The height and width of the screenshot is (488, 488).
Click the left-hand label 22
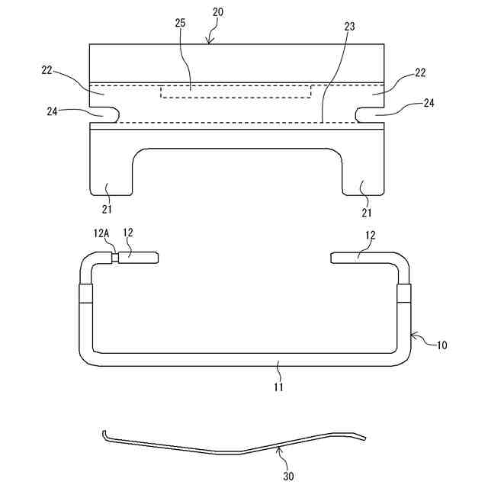click(47, 70)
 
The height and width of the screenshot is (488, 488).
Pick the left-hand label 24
click(52, 111)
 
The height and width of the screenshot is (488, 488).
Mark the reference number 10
click(441, 345)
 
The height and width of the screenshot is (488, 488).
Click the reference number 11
click(279, 387)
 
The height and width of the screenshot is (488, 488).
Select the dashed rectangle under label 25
click(236, 91)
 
